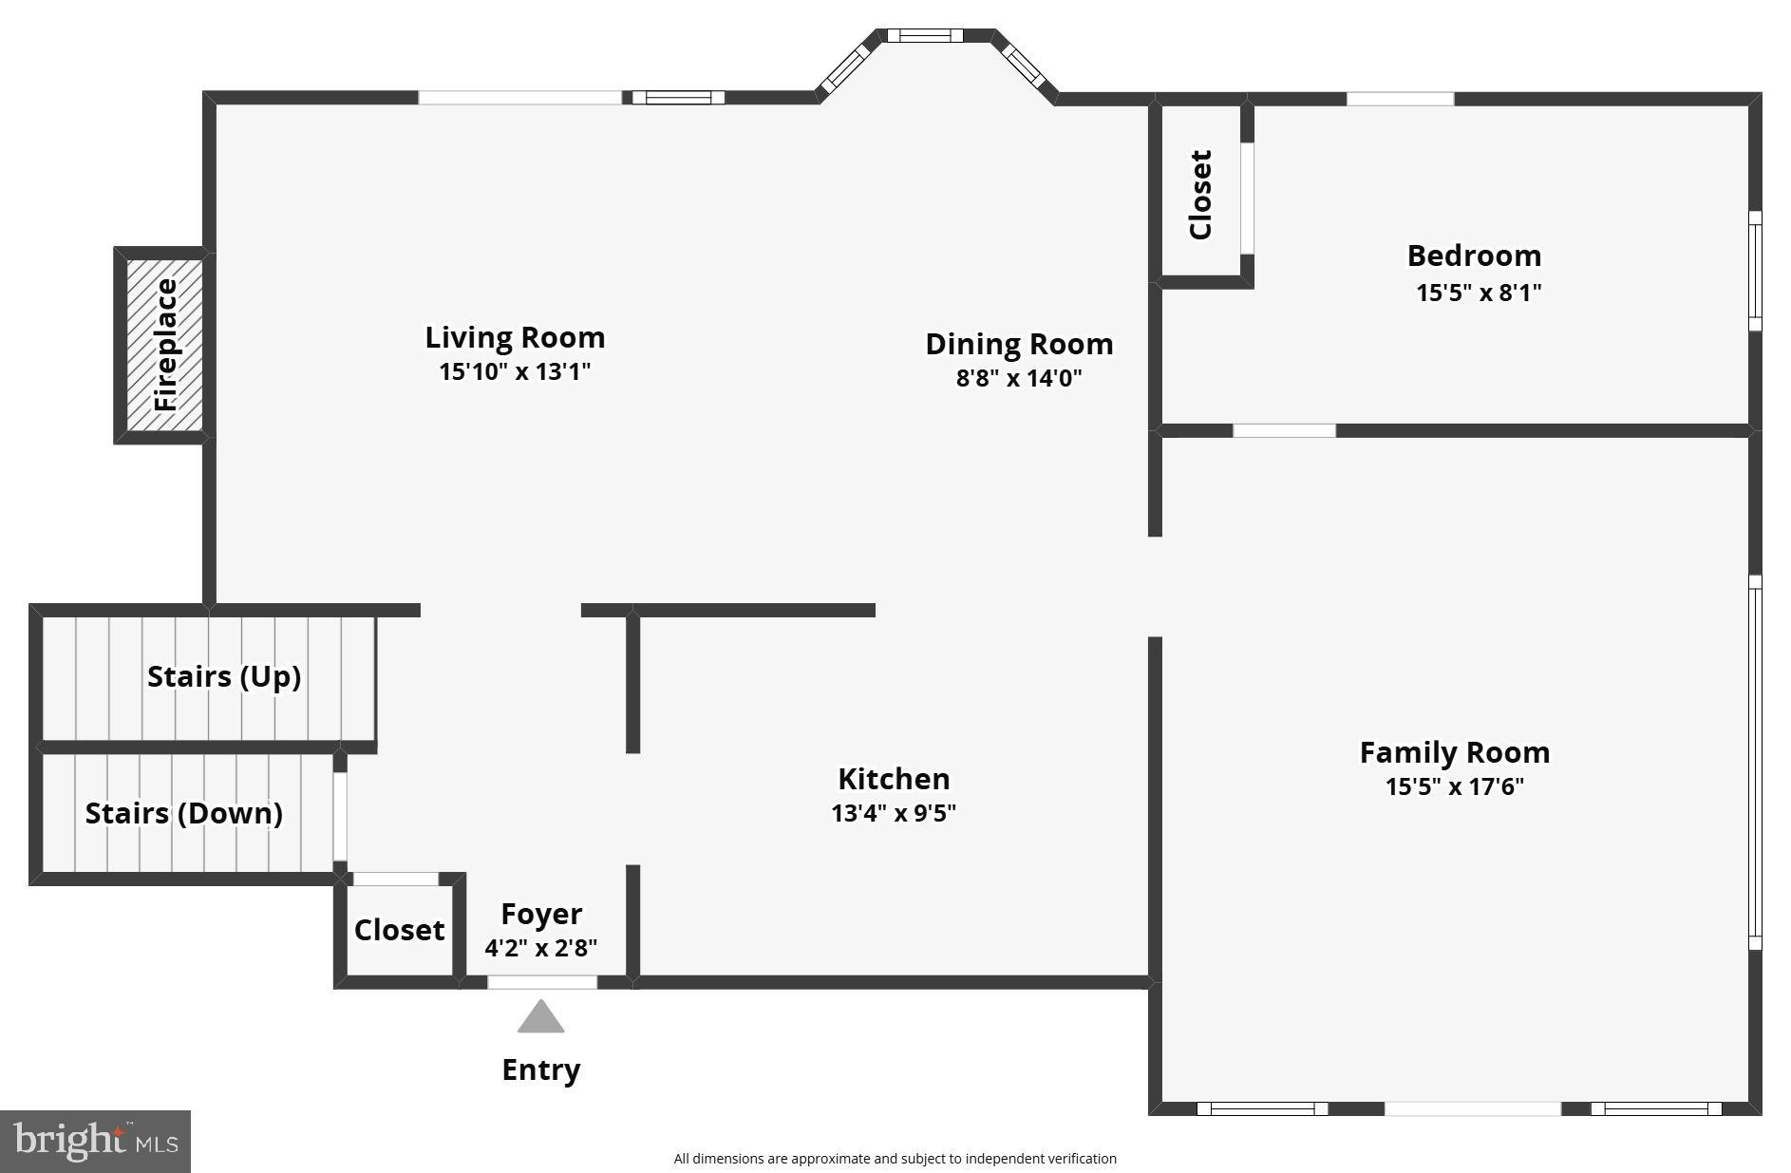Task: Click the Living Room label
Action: pyautogui.click(x=515, y=337)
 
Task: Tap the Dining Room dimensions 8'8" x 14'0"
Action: pyautogui.click(x=1019, y=378)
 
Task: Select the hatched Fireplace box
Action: pyautogui.click(x=165, y=345)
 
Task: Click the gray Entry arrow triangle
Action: pyautogui.click(x=540, y=1017)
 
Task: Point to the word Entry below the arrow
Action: pyautogui.click(x=540, y=1069)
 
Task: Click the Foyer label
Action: pyautogui.click(x=540, y=914)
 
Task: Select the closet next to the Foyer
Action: pyautogui.click(x=399, y=930)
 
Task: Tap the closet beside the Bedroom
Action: pyautogui.click(x=1200, y=195)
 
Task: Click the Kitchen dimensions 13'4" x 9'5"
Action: pyautogui.click(x=893, y=813)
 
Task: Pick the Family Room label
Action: pyautogui.click(x=1454, y=752)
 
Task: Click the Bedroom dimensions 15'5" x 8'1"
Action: pyautogui.click(x=1479, y=293)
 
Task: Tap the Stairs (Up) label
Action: pyautogui.click(x=224, y=676)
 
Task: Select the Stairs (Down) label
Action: pyautogui.click(x=184, y=813)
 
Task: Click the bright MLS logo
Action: pyautogui.click(x=95, y=1141)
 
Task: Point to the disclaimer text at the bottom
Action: pyautogui.click(x=895, y=1159)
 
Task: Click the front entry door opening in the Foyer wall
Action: pyautogui.click(x=542, y=982)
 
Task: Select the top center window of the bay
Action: pyautogui.click(x=925, y=36)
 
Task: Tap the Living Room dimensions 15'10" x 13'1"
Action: pyautogui.click(x=515, y=371)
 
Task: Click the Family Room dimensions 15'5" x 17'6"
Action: pyautogui.click(x=1454, y=786)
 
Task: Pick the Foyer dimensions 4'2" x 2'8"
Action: pyautogui.click(x=540, y=948)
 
